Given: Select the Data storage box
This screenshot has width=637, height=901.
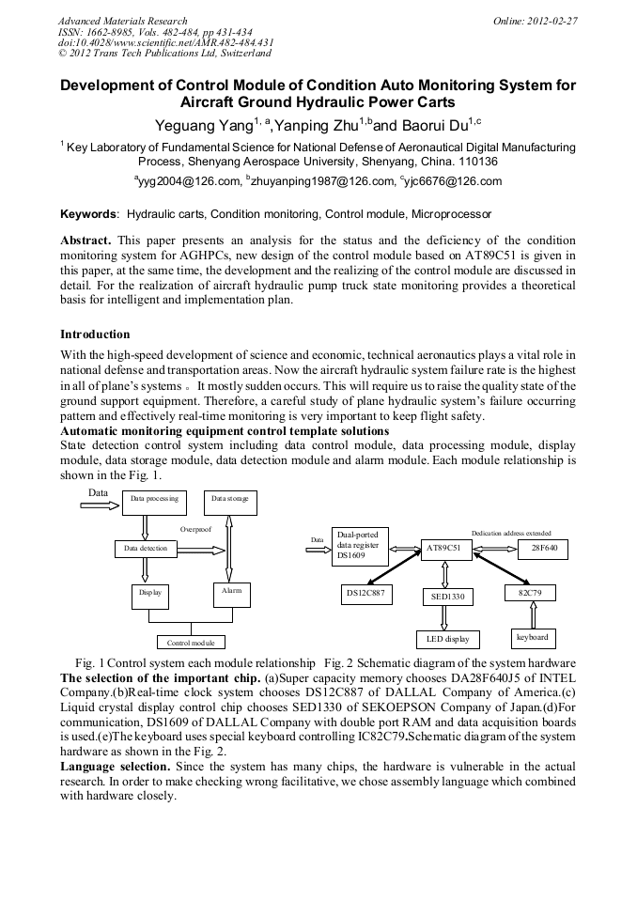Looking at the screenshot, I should click(x=230, y=502).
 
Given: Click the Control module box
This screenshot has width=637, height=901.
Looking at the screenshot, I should click(x=191, y=643).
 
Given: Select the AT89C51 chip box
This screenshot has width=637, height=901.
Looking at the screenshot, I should click(x=444, y=548).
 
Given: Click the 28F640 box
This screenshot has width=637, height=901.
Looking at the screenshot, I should click(x=543, y=548).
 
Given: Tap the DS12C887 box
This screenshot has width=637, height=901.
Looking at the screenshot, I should click(x=365, y=594).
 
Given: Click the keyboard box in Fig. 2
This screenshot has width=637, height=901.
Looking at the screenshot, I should click(x=533, y=638).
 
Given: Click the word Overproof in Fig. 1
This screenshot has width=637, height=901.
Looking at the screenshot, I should click(x=196, y=530).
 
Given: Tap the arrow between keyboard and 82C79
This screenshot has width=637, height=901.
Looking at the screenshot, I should click(x=534, y=615).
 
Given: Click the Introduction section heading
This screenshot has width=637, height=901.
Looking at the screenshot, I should click(x=95, y=334).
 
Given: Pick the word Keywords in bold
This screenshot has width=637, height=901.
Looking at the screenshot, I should click(x=88, y=215).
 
